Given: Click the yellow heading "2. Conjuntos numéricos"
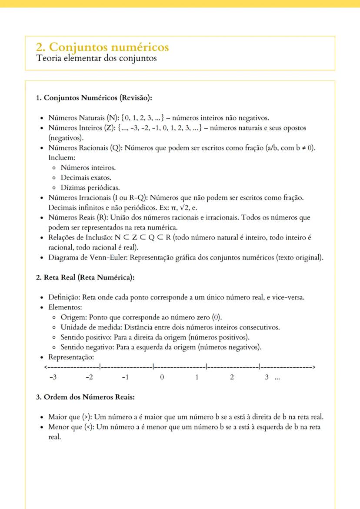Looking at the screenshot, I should (x=103, y=47).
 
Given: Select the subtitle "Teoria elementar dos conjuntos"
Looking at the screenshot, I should (x=96, y=58).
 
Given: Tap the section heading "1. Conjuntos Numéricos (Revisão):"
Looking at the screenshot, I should (x=93, y=98).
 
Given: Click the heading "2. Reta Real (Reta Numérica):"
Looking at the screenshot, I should (x=85, y=278).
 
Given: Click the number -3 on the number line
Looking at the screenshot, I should (x=53, y=377).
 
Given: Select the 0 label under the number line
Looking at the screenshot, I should (x=162, y=377).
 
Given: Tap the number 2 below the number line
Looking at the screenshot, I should (x=232, y=377).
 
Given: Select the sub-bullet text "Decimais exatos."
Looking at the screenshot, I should (x=86, y=178).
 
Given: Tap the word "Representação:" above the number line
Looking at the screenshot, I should (x=71, y=357).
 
